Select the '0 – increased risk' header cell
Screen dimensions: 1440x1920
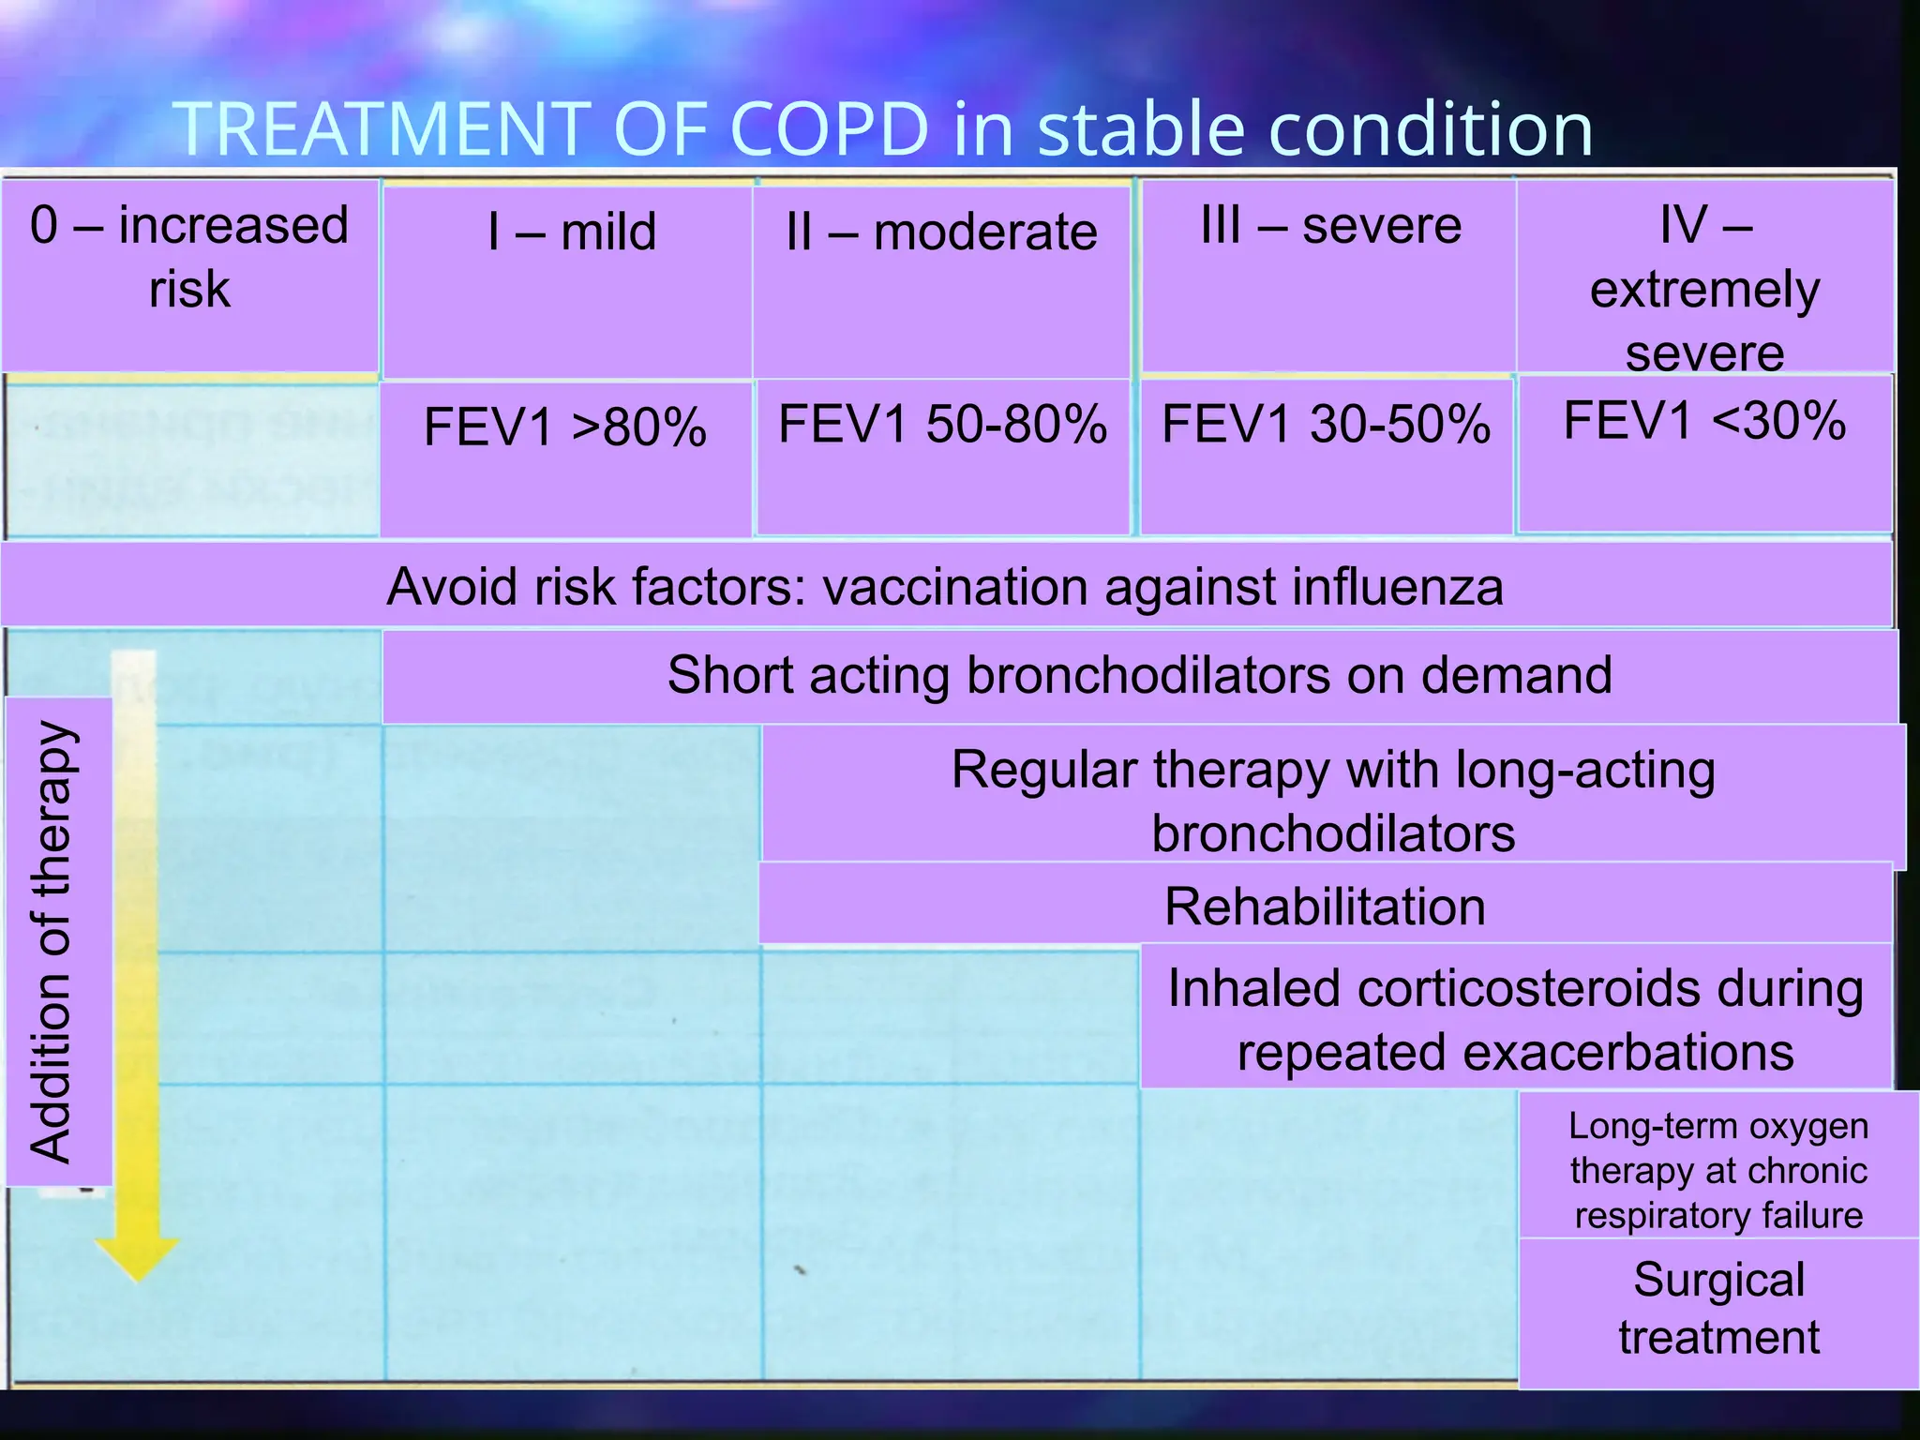point(189,275)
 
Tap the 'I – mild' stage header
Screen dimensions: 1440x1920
point(571,281)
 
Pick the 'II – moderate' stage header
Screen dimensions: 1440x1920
point(941,281)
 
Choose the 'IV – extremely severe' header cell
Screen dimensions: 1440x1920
point(1704,277)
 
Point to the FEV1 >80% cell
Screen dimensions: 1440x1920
point(565,457)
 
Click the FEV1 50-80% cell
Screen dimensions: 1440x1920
point(942,456)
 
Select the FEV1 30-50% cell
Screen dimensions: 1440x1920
point(1326,456)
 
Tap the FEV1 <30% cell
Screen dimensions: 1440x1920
point(1704,452)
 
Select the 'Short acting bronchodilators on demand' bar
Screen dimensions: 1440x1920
point(1139,675)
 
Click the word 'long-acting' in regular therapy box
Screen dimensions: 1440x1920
point(1584,771)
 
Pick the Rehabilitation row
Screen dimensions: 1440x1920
point(1325,906)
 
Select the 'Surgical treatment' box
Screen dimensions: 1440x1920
point(1718,1309)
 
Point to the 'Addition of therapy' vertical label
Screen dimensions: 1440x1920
point(54,941)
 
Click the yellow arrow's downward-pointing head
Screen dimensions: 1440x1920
point(137,1258)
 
